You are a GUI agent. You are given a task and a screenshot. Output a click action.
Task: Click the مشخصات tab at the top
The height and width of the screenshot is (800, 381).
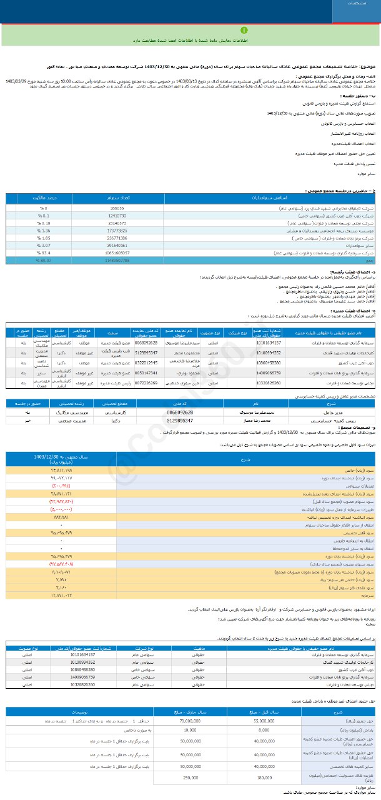[x=357, y=4]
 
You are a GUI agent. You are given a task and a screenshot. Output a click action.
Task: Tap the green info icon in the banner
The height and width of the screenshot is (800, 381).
[x=190, y=31]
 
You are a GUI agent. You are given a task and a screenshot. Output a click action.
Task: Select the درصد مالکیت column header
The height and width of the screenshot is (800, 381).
[x=38, y=197]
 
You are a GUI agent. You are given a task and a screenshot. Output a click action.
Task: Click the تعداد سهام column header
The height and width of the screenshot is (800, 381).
[x=117, y=197]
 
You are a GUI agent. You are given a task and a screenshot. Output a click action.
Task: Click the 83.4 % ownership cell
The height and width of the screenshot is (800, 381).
[x=39, y=252]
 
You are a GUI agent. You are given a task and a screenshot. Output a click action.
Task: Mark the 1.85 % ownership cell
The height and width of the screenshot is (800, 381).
[x=39, y=237]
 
